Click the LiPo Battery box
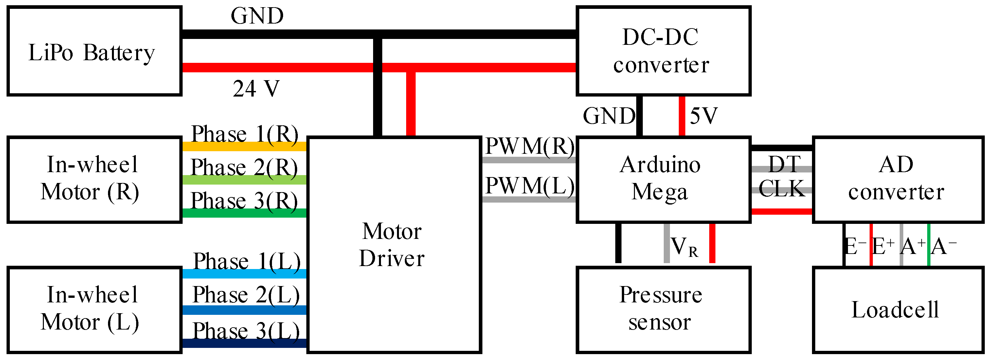coord(94,51)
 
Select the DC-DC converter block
coord(663,51)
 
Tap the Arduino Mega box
coord(663,179)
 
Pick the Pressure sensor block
coord(663,310)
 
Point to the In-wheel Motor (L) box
coord(94,310)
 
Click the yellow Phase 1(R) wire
coord(244,147)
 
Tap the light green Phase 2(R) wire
coord(244,180)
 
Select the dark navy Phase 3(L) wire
coord(244,343)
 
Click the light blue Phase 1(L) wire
coord(244,274)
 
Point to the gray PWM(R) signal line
coord(529,160)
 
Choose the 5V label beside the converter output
coord(704,116)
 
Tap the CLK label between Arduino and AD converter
coord(782,189)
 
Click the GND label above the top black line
coord(257,16)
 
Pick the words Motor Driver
coord(392,244)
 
